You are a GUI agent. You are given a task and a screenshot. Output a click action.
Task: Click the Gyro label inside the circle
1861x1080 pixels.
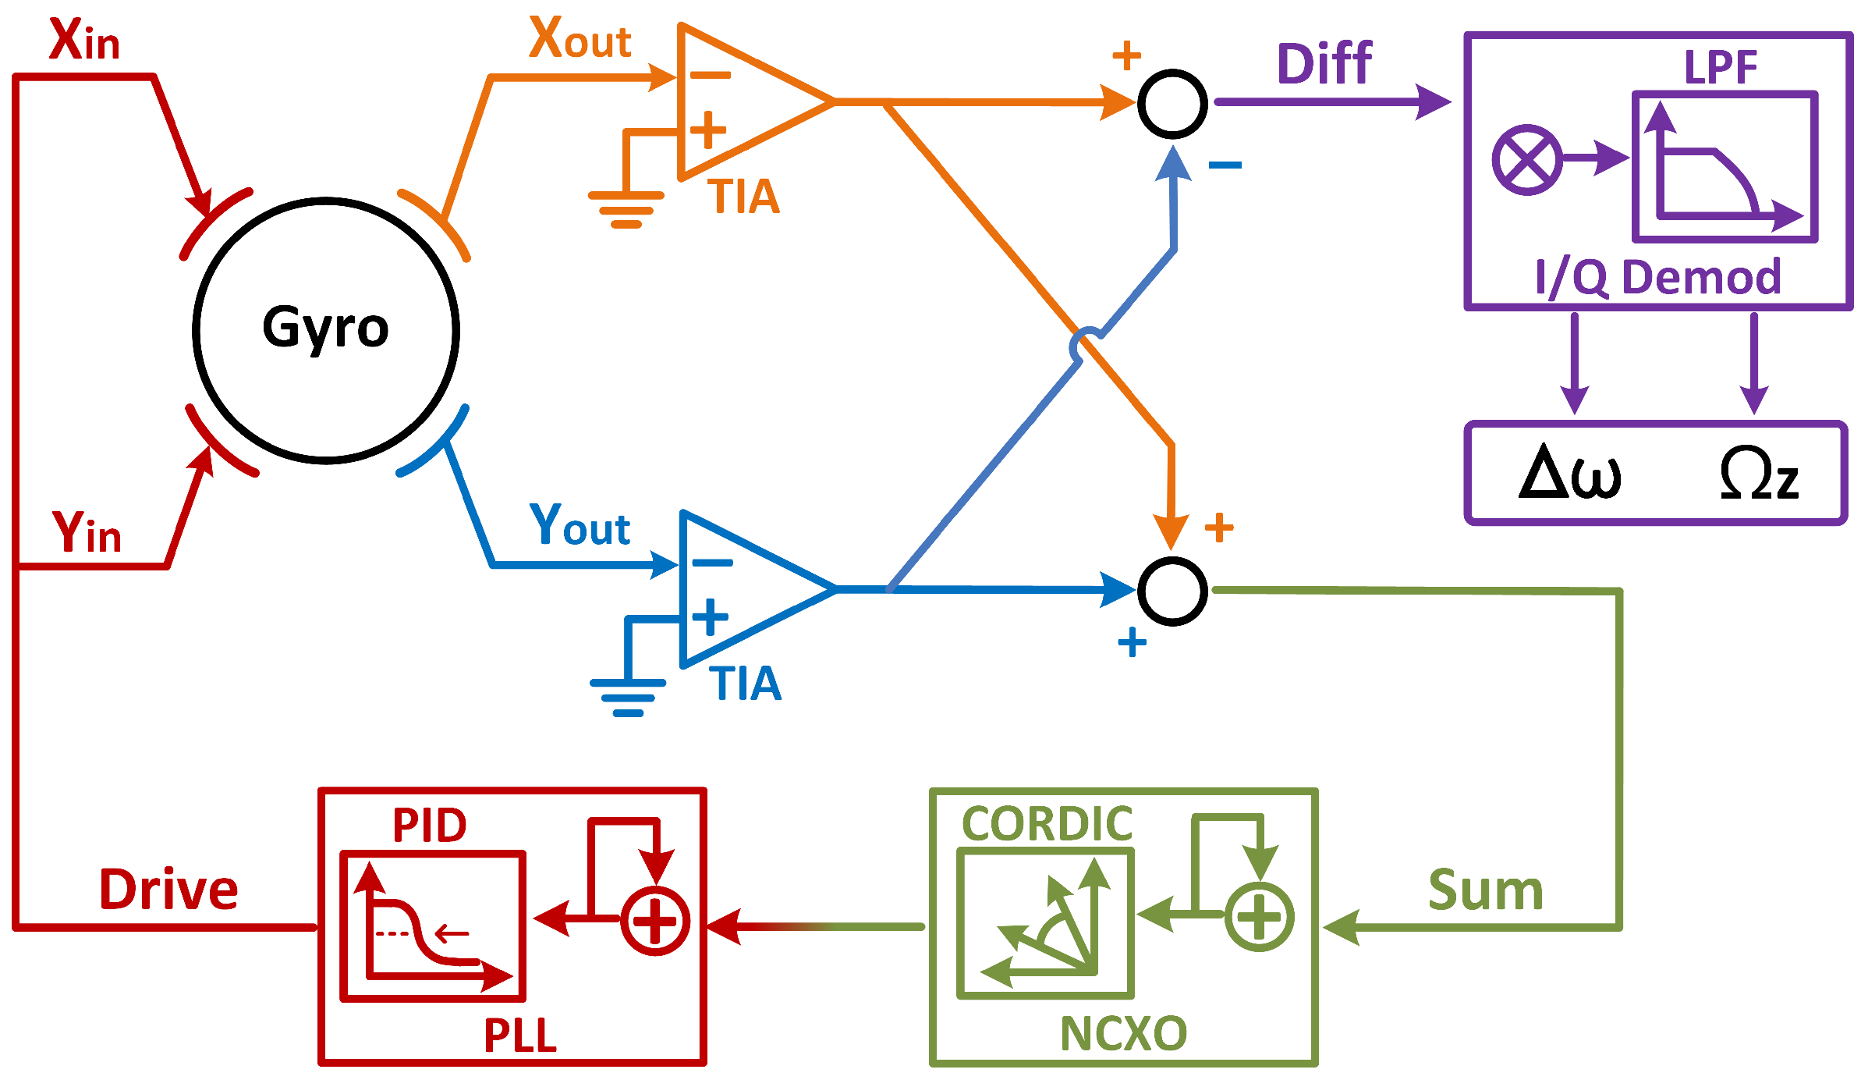pos(325,328)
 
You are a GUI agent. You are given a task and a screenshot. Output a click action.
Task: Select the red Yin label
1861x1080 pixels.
pos(87,533)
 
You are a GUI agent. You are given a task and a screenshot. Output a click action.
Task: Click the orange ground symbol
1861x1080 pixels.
pos(626,208)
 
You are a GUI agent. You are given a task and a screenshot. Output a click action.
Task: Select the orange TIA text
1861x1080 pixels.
pos(744,197)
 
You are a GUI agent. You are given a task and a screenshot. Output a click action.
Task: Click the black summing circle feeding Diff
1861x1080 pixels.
pos(1172,104)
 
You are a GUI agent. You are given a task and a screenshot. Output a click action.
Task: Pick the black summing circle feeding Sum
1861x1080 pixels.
pos(1172,591)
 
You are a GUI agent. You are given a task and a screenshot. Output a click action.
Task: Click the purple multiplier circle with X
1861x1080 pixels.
pos(1526,160)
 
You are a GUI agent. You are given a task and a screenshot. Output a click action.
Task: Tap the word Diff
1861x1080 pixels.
pos(1324,64)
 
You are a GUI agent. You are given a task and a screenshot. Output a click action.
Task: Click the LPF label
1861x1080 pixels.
pos(1721,67)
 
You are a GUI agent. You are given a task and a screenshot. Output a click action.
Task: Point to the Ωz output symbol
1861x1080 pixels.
pos(1759,473)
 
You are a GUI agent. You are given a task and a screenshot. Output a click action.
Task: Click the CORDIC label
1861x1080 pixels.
pos(1047,824)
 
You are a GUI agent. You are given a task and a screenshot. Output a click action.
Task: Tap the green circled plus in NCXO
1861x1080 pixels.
pos(1259,917)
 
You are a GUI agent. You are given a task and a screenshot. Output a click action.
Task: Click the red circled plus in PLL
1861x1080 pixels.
pos(654,921)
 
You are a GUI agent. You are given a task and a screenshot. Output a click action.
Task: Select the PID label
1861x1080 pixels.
pos(429,826)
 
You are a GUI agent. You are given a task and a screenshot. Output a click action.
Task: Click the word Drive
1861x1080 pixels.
pos(168,890)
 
